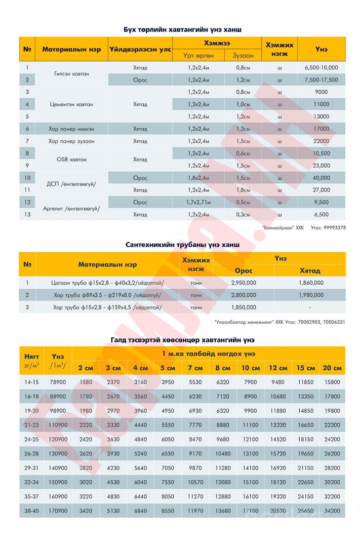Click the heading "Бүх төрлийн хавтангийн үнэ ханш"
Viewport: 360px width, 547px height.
(182, 30)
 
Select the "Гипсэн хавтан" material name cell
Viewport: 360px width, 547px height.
(71, 73)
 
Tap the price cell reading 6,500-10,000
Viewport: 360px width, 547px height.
(321, 67)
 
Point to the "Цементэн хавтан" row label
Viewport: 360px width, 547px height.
(71, 104)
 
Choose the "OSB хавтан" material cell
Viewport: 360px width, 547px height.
(71, 160)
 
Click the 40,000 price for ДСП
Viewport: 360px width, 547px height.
(321, 178)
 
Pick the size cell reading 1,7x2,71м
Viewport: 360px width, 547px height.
(198, 202)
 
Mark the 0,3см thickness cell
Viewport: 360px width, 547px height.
(243, 215)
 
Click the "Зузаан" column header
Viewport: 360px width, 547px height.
(243, 55)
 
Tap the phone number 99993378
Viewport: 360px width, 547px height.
(334, 228)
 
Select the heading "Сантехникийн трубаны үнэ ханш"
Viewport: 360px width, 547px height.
(182, 245)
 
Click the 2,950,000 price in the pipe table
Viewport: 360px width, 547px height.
(243, 283)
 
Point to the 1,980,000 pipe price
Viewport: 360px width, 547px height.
(310, 295)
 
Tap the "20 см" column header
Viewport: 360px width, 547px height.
(332, 368)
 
